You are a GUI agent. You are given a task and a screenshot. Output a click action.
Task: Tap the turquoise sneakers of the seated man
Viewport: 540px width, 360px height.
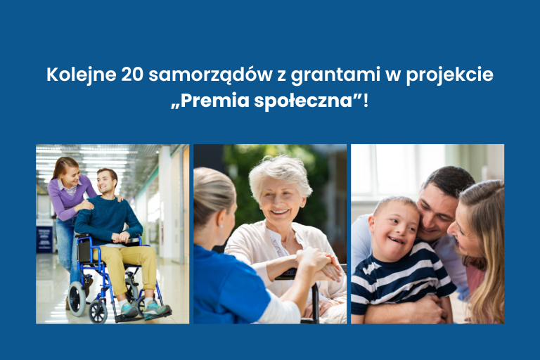pos(141,309)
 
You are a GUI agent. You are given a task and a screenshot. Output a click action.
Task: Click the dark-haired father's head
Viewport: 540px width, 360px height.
pos(443,186)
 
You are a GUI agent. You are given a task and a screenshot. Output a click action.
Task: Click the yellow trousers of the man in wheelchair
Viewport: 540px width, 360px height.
pos(134,264)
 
